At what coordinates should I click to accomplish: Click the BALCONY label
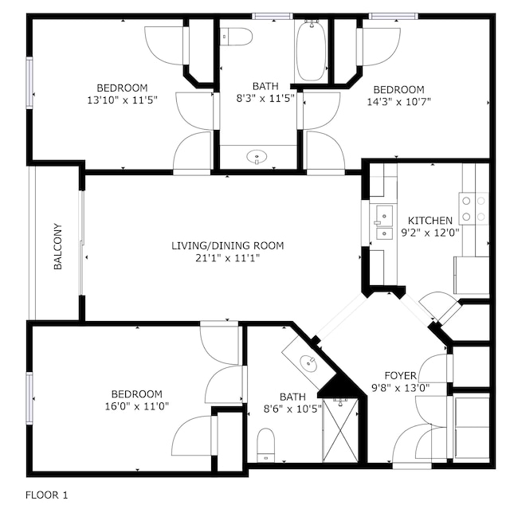(x=57, y=246)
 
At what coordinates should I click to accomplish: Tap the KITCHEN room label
(x=430, y=221)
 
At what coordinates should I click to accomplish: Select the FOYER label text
(x=400, y=376)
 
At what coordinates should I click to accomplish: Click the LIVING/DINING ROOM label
(x=228, y=245)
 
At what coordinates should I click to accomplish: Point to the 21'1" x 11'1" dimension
(x=228, y=258)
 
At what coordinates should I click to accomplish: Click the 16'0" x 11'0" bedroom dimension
(x=136, y=406)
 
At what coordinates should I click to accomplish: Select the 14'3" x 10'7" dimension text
(x=398, y=102)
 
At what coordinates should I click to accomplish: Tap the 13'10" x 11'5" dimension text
(x=122, y=100)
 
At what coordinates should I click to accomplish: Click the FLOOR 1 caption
(x=47, y=495)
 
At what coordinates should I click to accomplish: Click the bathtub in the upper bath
(x=312, y=51)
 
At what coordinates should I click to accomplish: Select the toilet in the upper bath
(x=236, y=37)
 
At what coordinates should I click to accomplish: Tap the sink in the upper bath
(x=257, y=157)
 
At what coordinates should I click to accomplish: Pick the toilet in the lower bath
(x=265, y=444)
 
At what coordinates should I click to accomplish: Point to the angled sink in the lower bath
(x=308, y=362)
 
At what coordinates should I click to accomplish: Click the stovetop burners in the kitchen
(x=473, y=209)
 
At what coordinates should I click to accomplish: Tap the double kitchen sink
(x=384, y=221)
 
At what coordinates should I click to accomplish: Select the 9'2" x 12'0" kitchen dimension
(x=430, y=233)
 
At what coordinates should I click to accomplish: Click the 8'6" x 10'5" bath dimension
(x=292, y=409)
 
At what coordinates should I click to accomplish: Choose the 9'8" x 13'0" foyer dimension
(x=400, y=388)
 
